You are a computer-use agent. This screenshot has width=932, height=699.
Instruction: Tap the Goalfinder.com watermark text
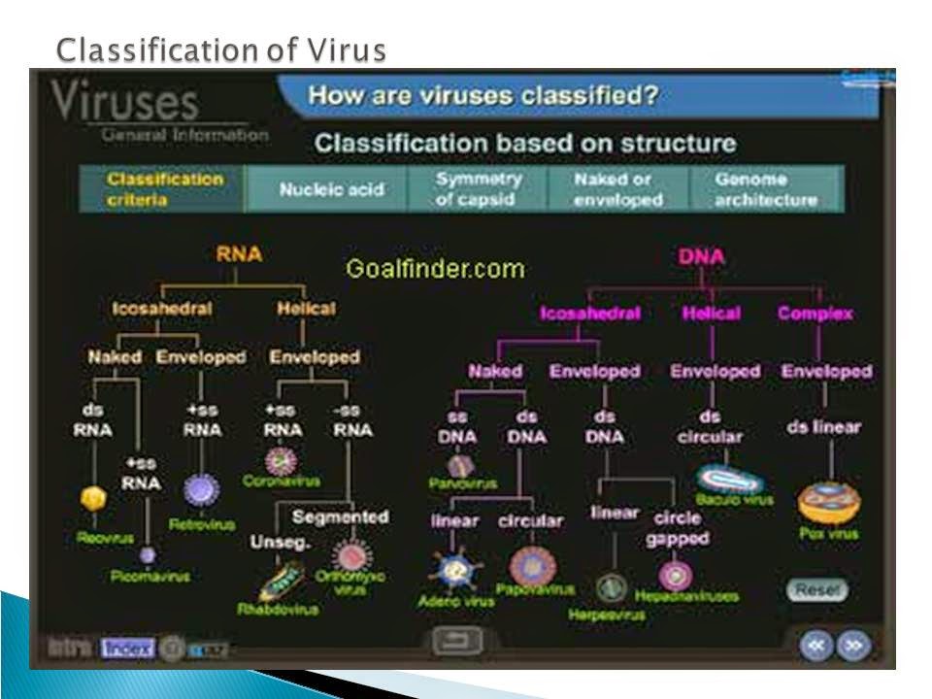pos(435,269)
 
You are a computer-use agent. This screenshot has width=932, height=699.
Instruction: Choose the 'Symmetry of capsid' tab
pos(479,189)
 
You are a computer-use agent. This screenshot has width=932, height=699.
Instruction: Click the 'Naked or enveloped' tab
pos(617,189)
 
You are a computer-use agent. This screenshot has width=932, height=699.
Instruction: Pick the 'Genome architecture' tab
pos(765,189)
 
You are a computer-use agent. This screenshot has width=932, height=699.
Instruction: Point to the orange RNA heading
pos(238,256)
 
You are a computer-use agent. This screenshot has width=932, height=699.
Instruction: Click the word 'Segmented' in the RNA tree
pos(340,516)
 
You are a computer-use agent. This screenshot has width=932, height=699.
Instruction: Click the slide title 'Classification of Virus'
pos(219,48)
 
